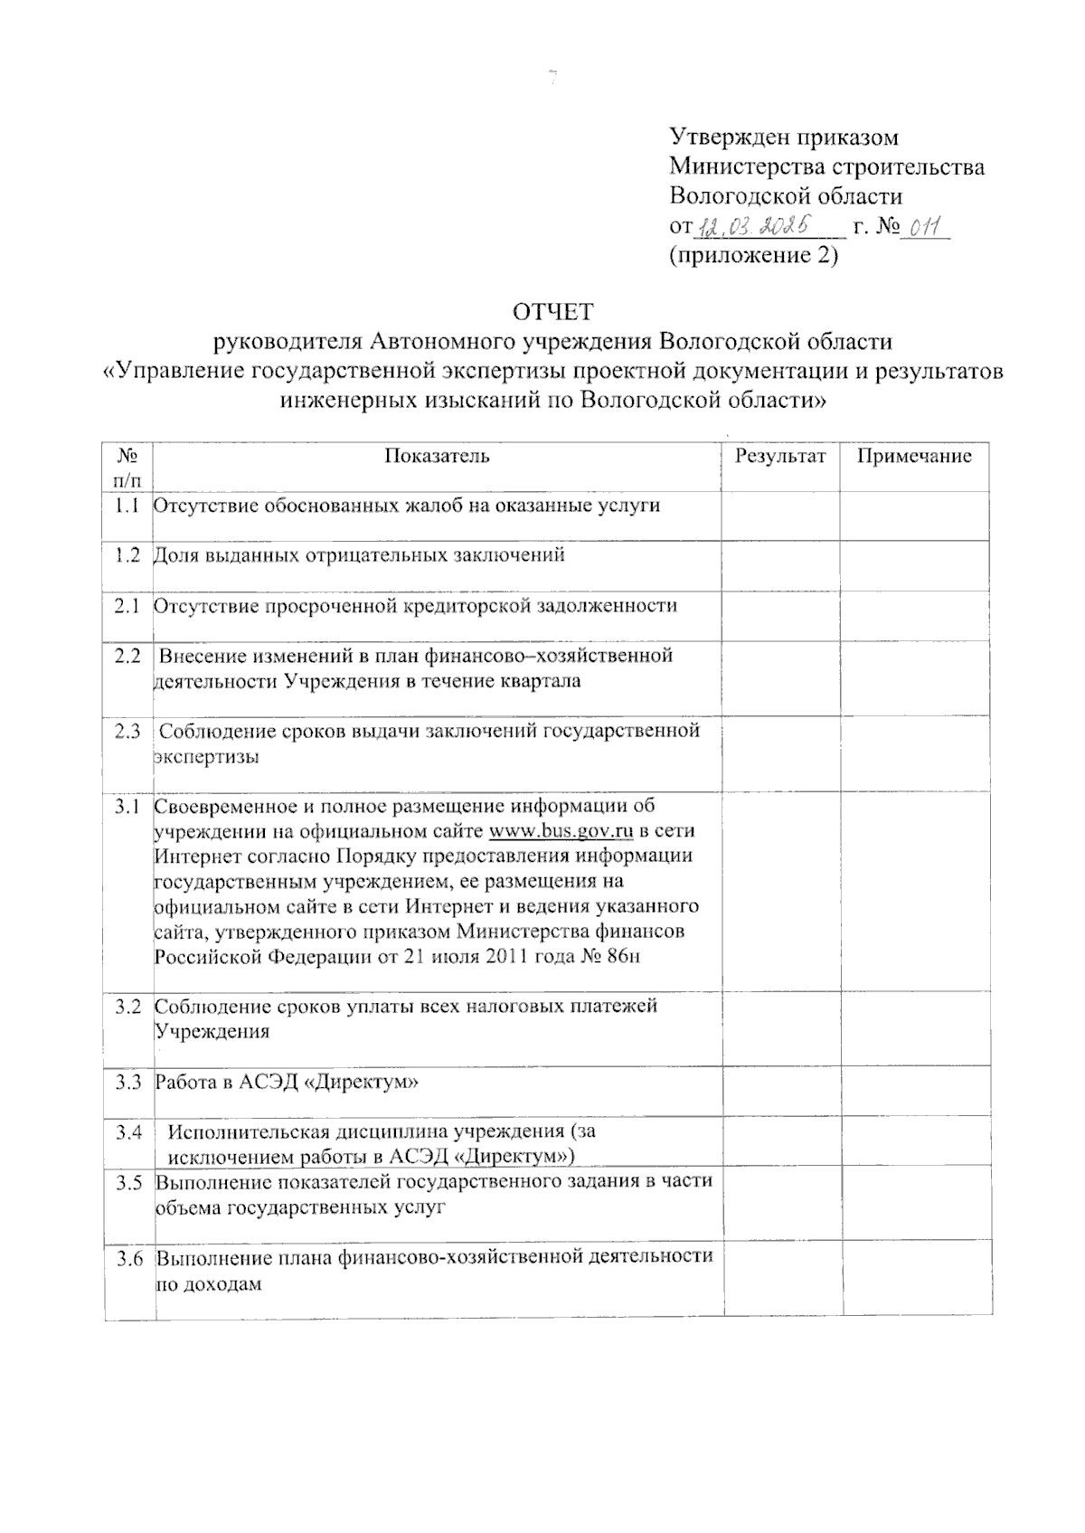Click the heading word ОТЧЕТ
click(x=552, y=313)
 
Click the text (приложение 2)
click(x=754, y=256)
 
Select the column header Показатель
click(x=437, y=456)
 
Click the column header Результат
click(x=779, y=456)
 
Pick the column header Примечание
click(x=914, y=456)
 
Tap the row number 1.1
click(x=127, y=506)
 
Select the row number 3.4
click(x=128, y=1131)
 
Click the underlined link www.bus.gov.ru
click(x=561, y=831)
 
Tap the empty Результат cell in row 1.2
click(x=779, y=565)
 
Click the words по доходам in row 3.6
click(x=209, y=1283)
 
